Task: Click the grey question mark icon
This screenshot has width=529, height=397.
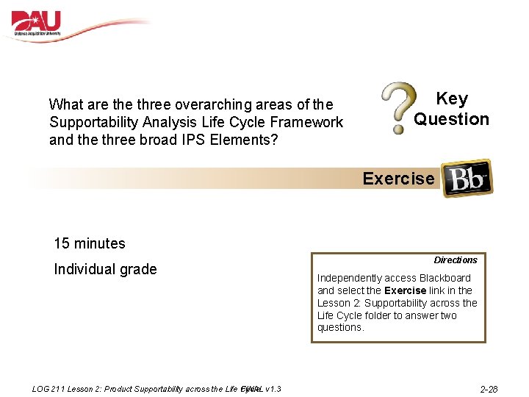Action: point(397,108)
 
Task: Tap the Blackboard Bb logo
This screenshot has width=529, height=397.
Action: point(466,178)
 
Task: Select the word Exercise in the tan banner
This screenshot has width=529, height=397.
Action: point(398,179)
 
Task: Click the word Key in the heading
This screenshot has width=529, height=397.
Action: point(451,99)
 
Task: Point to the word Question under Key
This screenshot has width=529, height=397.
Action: point(451,119)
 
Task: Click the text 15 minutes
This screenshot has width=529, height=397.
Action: point(90,243)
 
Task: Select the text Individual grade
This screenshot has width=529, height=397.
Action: point(105,269)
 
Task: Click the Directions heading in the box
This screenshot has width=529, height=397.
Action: point(456,260)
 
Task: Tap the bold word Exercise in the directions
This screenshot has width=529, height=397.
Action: point(406,290)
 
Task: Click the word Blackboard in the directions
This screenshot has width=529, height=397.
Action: point(445,278)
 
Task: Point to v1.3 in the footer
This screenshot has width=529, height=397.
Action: point(273,388)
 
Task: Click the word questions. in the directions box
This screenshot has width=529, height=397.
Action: point(340,328)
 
